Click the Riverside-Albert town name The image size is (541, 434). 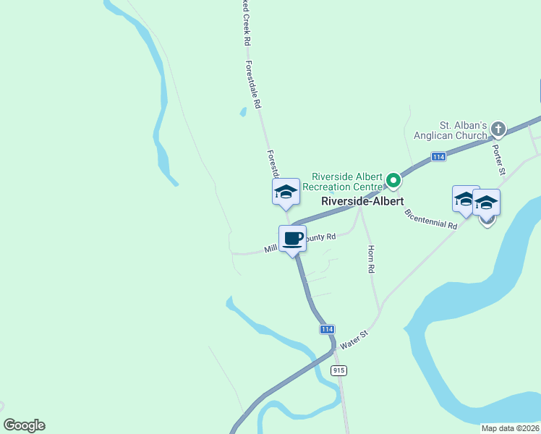pyautogui.click(x=362, y=201)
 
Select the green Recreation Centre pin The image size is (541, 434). pyautogui.click(x=393, y=179)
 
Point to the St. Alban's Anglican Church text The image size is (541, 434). pyautogui.click(x=450, y=130)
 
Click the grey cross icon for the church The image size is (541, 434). pyautogui.click(x=498, y=129)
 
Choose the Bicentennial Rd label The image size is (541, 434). pyautogui.click(x=432, y=219)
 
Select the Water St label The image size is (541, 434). pyautogui.click(x=354, y=340)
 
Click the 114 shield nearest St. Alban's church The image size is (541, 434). pyautogui.click(x=438, y=156)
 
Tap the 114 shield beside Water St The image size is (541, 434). pyautogui.click(x=327, y=329)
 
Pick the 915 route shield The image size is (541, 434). pyautogui.click(x=339, y=370)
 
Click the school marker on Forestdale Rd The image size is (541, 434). pyautogui.click(x=286, y=192)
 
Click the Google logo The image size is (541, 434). pyautogui.click(x=24, y=425)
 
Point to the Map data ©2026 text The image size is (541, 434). pyautogui.click(x=509, y=428)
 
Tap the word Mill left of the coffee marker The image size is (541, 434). pyautogui.click(x=271, y=248)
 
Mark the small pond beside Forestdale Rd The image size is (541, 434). pyautogui.click(x=243, y=112)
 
